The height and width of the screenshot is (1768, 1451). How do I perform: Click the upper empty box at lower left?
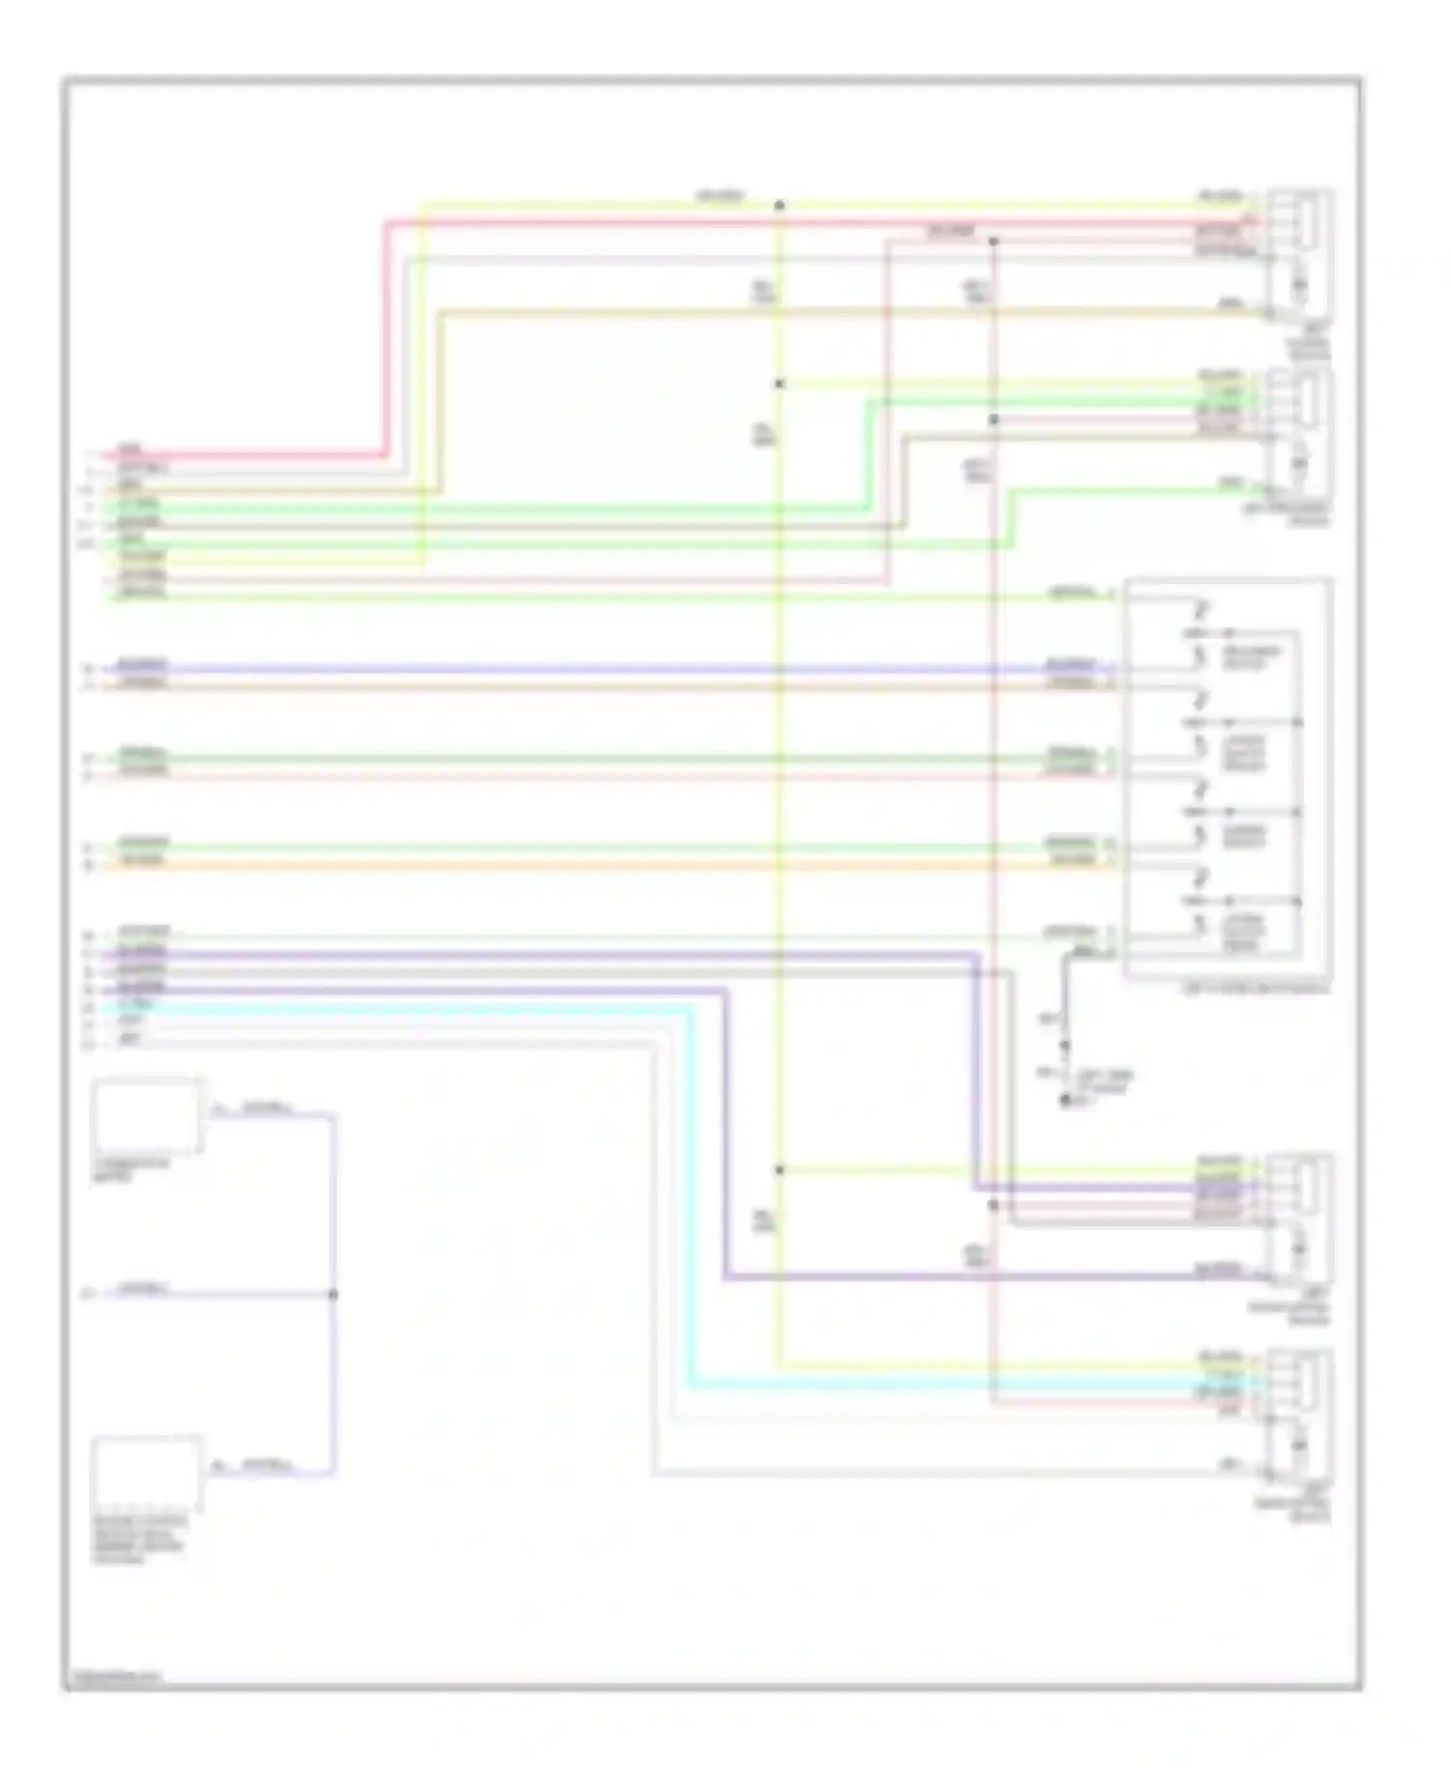click(146, 1116)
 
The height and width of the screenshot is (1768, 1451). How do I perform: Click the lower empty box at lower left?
click(146, 1474)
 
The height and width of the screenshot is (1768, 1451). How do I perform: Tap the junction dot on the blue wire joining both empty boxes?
click(334, 1294)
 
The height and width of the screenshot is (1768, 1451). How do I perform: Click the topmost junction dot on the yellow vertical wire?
click(780, 205)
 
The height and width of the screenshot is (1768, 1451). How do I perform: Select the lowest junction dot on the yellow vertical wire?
click(780, 1170)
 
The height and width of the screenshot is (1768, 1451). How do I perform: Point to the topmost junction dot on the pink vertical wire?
click(993, 242)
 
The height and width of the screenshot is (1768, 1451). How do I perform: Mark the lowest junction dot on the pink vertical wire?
click(993, 1205)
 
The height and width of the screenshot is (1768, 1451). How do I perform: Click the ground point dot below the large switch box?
click(1065, 1101)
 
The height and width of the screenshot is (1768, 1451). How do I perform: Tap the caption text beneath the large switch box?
click(1256, 989)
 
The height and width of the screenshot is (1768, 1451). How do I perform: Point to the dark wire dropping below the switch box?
click(1064, 996)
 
